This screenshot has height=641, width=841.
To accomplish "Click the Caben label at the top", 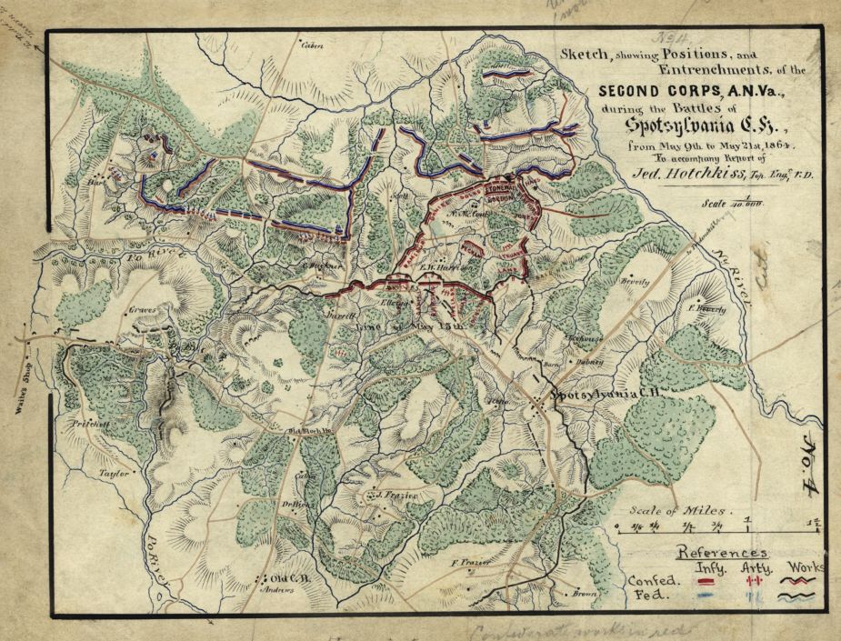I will [312, 46].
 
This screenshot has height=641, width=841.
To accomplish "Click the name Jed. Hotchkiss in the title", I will [683, 173].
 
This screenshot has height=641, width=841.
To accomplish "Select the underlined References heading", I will [723, 552].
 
